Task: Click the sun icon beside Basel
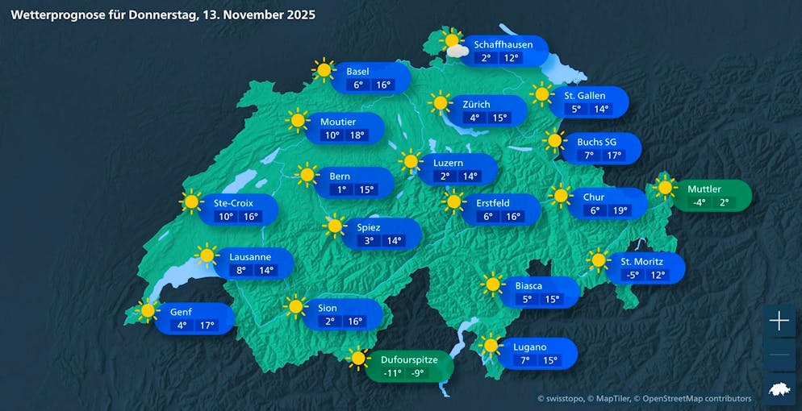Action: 324,70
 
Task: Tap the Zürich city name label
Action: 476,104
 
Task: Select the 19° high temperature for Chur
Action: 619,210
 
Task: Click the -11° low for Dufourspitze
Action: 392,373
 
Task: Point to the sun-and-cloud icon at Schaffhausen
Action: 453,44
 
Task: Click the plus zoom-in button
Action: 779,322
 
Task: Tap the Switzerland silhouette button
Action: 779,389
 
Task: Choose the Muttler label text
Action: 704,189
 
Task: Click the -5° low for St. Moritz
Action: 633,275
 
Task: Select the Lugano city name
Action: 529,347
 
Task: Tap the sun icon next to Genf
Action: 148,310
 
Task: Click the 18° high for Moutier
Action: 356,135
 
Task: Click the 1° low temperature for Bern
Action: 342,189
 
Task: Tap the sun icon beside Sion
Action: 295,306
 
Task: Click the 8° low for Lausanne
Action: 240,270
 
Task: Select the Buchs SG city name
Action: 596,142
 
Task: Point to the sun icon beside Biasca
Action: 492,284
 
